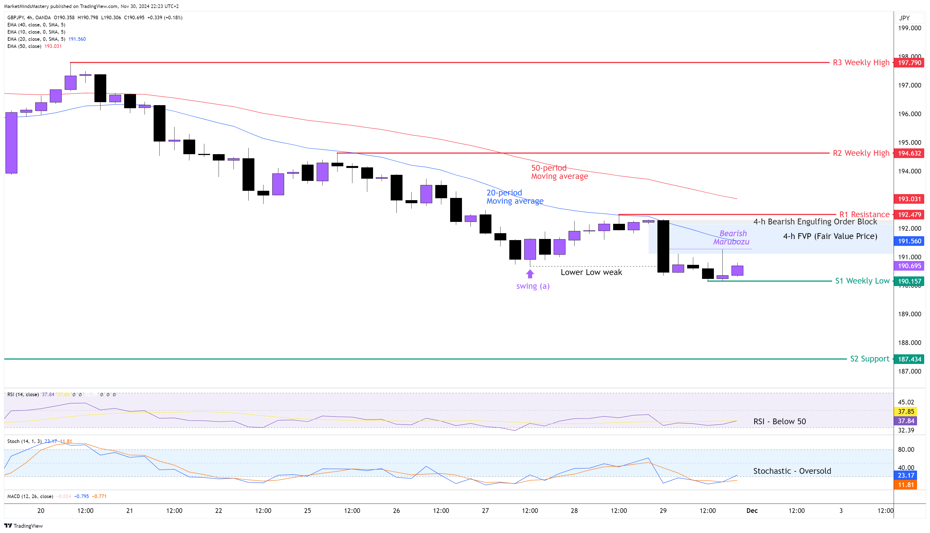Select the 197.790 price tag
coord(909,62)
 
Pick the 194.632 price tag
coord(909,153)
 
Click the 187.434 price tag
coord(909,359)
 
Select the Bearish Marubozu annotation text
coord(731,238)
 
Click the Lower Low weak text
coord(591,272)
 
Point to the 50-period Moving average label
coord(559,172)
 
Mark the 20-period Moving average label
coord(514,197)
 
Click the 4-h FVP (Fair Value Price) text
coord(830,236)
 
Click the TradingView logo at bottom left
coord(23,526)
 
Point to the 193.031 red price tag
coord(909,199)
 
